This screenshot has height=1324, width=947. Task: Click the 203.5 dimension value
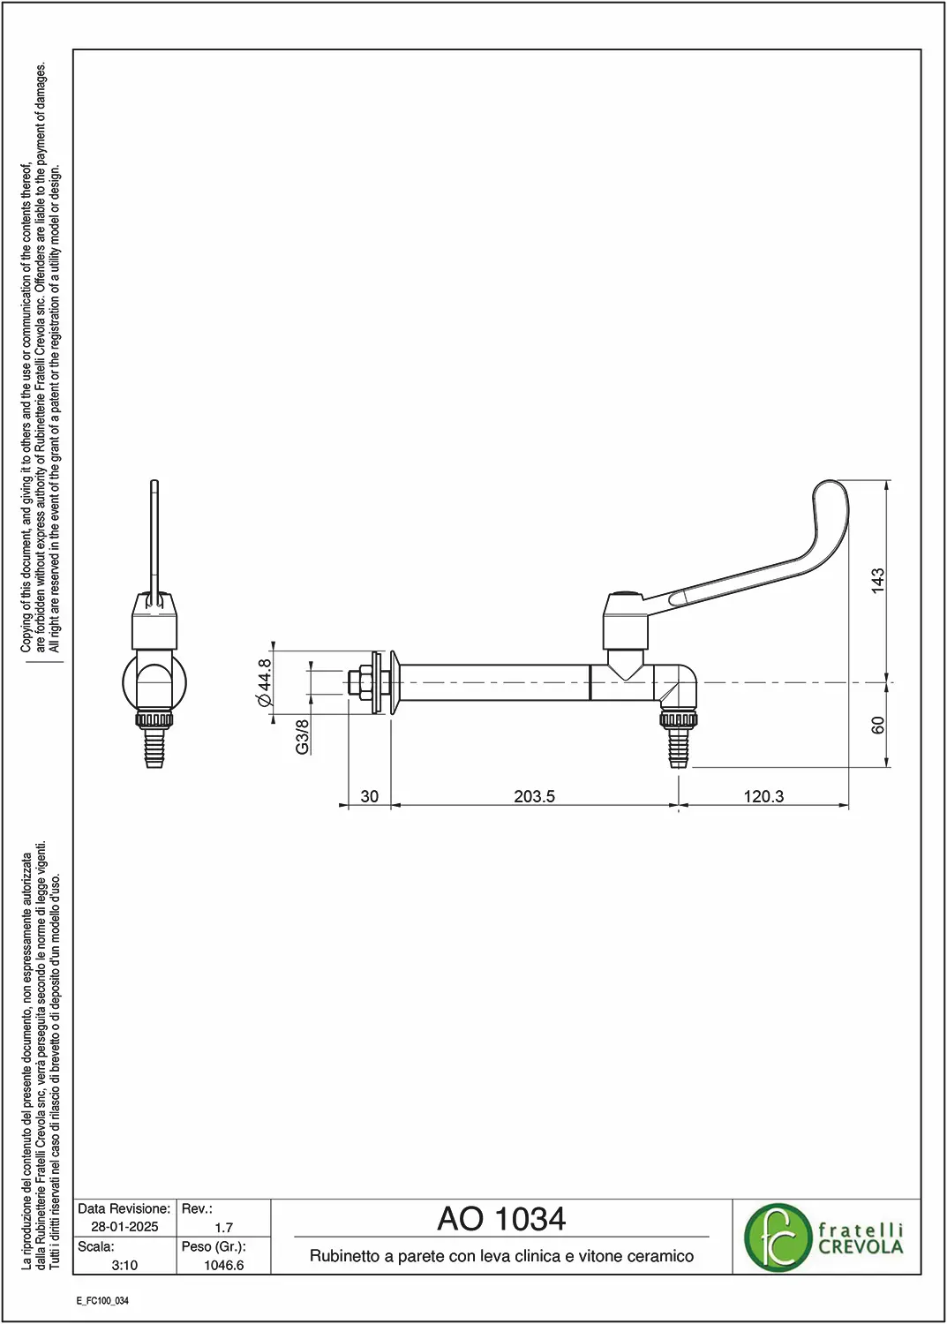pos(534,796)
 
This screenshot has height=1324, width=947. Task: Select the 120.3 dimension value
pos(763,796)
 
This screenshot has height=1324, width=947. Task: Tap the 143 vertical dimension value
pos(878,581)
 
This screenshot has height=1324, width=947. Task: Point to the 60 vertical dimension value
pos(878,725)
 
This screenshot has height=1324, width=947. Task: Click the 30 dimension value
pos(369,796)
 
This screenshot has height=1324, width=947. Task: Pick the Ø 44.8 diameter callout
pos(264,682)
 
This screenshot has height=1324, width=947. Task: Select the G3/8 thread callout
pos(302,736)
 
